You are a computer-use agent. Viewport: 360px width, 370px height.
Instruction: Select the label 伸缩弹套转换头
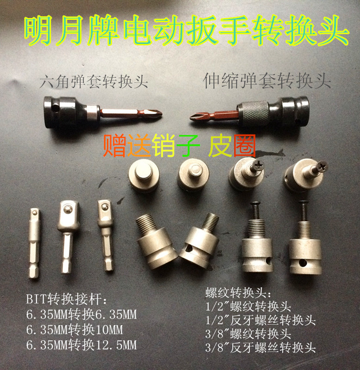[267, 82]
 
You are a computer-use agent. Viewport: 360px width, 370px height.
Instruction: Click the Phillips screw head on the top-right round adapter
[321, 165]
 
